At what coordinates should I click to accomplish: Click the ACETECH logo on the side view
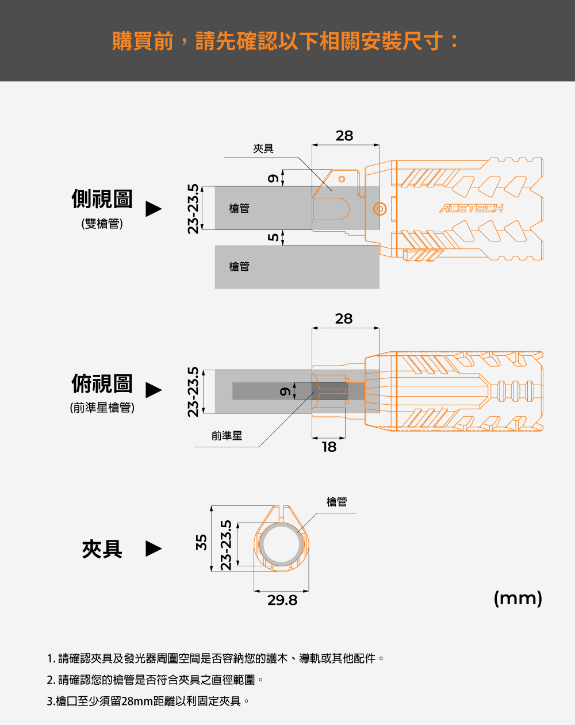(471, 208)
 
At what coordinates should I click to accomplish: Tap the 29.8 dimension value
(282, 600)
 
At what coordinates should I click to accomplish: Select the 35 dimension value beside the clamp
(201, 542)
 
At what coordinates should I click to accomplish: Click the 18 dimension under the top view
(329, 447)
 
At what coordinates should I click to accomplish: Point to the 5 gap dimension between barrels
(273, 237)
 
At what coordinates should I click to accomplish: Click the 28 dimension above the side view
(344, 136)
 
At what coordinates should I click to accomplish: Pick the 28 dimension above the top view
(344, 319)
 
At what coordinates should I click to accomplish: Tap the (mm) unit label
(518, 599)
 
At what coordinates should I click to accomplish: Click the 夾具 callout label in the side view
(263, 148)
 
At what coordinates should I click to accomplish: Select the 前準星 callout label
(227, 436)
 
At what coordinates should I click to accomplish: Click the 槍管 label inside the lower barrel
(239, 266)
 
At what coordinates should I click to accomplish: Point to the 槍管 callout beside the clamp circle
(337, 502)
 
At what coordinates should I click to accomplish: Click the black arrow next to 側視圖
(154, 209)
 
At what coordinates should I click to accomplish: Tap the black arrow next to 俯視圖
(154, 390)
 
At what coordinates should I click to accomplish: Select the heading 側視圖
(102, 198)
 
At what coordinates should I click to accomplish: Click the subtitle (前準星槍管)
(102, 408)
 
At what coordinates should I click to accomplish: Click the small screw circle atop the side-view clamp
(342, 179)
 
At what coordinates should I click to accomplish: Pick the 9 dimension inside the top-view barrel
(285, 392)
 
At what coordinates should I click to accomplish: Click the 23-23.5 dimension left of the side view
(193, 209)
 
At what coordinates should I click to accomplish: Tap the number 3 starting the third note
(49, 701)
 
